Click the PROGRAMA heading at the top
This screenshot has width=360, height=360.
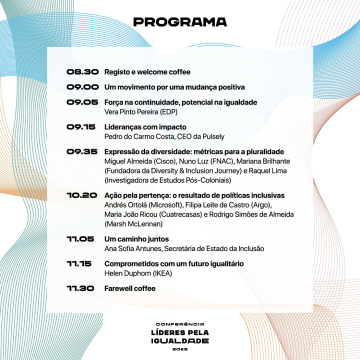180,22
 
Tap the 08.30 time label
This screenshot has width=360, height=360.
82,72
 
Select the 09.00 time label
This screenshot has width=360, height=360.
82,87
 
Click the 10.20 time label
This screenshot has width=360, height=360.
82,195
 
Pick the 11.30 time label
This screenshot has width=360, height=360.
80,288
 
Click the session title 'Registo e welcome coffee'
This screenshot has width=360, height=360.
147,72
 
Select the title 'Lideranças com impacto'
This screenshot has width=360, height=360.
145,127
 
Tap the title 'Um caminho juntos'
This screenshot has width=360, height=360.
136,239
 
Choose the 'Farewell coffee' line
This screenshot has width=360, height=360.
129,288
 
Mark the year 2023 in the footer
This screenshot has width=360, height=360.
179,349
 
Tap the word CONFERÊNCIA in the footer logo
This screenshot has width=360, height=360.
180,324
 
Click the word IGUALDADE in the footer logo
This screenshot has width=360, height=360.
180,341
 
